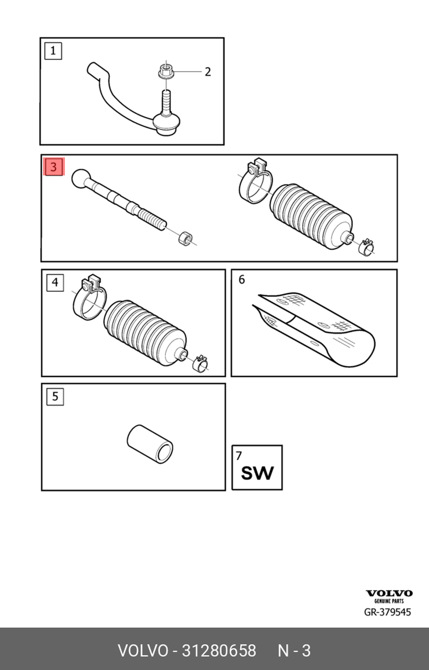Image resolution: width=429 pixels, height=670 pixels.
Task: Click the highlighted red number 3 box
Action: click(54, 167)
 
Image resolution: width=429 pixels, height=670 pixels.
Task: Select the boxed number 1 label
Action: click(53, 51)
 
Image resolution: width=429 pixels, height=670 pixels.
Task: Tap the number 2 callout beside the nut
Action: click(208, 72)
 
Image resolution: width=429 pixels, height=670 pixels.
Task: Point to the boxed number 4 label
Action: click(55, 282)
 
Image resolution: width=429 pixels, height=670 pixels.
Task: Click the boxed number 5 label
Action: click(55, 396)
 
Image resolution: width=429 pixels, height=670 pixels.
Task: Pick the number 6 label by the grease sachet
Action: click(242, 280)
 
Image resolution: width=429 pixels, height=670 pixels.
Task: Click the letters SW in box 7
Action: click(257, 473)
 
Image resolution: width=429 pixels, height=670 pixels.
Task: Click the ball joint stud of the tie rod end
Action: click(166, 102)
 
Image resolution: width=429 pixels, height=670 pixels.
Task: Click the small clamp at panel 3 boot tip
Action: click(366, 246)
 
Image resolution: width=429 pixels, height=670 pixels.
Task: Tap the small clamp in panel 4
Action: click(200, 363)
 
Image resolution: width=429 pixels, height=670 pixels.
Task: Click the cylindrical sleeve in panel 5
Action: click(150, 444)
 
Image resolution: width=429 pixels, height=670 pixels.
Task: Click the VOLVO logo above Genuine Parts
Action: click(389, 594)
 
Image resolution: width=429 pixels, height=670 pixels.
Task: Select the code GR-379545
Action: click(387, 612)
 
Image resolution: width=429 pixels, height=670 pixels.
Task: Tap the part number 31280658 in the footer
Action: click(219, 651)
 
